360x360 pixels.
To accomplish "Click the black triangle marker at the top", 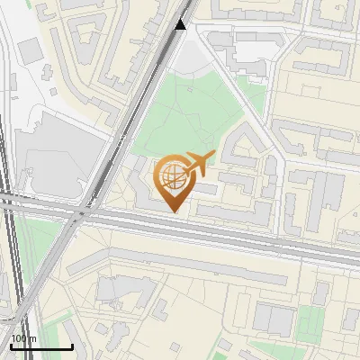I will [x=181, y=24].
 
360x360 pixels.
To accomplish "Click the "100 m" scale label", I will [x=23, y=338].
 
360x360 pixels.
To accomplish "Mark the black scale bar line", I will [x=40, y=346].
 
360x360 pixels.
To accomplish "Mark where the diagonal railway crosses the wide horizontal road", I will [x=83, y=214].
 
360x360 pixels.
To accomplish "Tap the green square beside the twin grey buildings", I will [x=310, y=319].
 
